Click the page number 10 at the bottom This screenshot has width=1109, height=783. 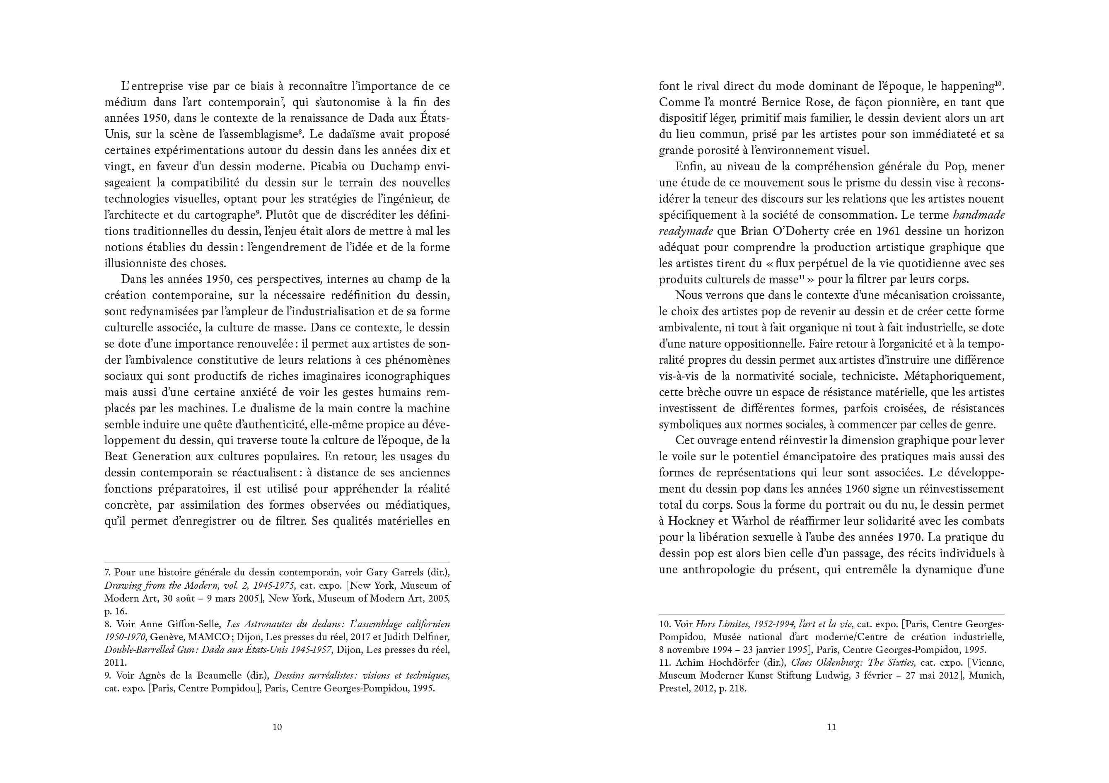277,727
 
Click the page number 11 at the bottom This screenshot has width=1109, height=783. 831,727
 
